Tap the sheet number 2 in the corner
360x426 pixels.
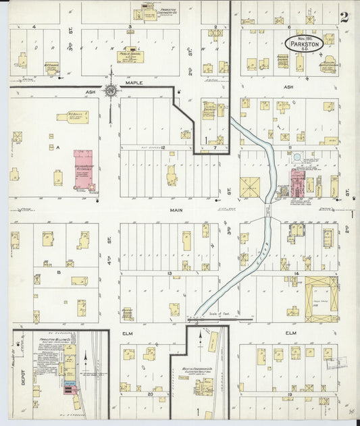(x=344, y=18)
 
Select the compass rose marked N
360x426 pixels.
(x=111, y=89)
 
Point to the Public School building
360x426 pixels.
(x=132, y=55)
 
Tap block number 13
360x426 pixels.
(x=169, y=273)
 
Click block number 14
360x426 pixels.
(x=297, y=273)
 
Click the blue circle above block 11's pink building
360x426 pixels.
(x=297, y=157)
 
